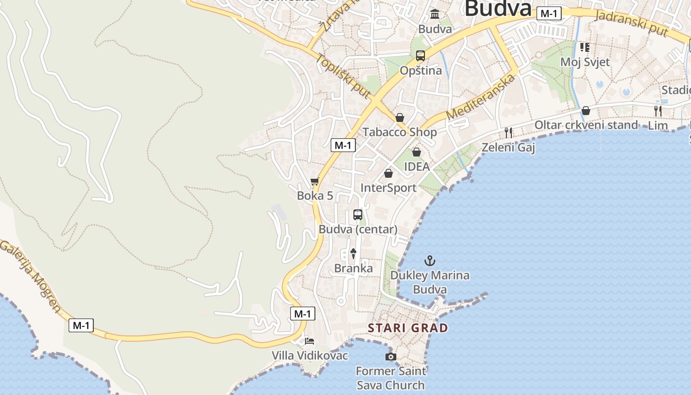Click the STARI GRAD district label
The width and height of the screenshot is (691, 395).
tap(408, 328)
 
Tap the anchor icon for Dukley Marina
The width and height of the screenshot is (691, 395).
tap(430, 260)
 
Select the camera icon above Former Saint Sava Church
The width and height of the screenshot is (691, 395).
tap(391, 356)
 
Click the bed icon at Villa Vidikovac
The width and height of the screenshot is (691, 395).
tap(309, 341)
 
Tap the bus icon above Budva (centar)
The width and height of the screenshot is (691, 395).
tap(358, 215)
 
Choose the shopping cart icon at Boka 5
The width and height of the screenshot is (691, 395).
tap(315, 182)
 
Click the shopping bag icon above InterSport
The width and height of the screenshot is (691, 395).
tap(388, 173)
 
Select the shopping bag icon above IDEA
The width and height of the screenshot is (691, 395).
tap(417, 152)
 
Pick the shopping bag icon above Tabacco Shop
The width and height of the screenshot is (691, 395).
tap(400, 118)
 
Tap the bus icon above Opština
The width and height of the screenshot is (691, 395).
tap(421, 56)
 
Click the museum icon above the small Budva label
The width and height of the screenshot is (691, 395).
tap(435, 14)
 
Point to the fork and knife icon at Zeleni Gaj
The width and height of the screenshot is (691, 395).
tap(508, 132)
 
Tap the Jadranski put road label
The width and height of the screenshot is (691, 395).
tap(632, 22)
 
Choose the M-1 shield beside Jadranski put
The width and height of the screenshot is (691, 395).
tap(549, 14)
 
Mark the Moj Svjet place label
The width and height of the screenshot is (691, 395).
tap(585, 62)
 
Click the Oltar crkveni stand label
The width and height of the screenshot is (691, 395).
tap(586, 125)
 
